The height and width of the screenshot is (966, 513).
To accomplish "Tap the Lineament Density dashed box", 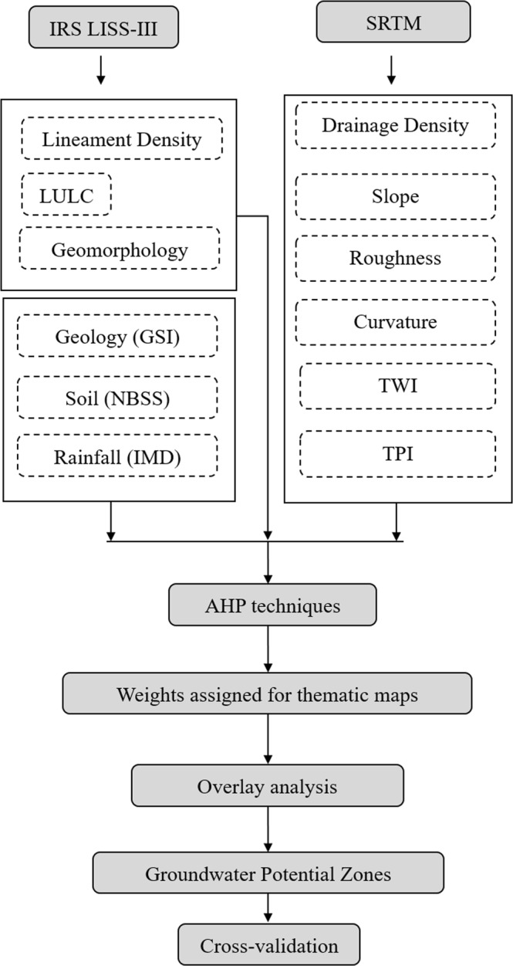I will pyautogui.click(x=122, y=139).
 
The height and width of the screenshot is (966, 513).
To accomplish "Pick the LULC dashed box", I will pyautogui.click(x=66, y=195).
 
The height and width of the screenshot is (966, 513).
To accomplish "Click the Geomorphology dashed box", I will pyautogui.click(x=120, y=249).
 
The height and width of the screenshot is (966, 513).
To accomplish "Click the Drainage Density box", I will pyautogui.click(x=396, y=125).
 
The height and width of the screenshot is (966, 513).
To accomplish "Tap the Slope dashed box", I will pyautogui.click(x=396, y=195).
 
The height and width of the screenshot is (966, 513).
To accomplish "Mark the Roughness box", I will pyautogui.click(x=396, y=257).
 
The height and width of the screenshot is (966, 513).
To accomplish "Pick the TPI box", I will pyautogui.click(x=396, y=453).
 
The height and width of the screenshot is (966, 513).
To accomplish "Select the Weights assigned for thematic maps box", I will pyautogui.click(x=267, y=694).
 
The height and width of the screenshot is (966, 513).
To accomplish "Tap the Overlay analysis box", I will pyautogui.click(x=267, y=787).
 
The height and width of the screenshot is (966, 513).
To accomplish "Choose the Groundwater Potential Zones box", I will pyautogui.click(x=268, y=874).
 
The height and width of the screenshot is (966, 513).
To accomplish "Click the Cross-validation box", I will pyautogui.click(x=269, y=944).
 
